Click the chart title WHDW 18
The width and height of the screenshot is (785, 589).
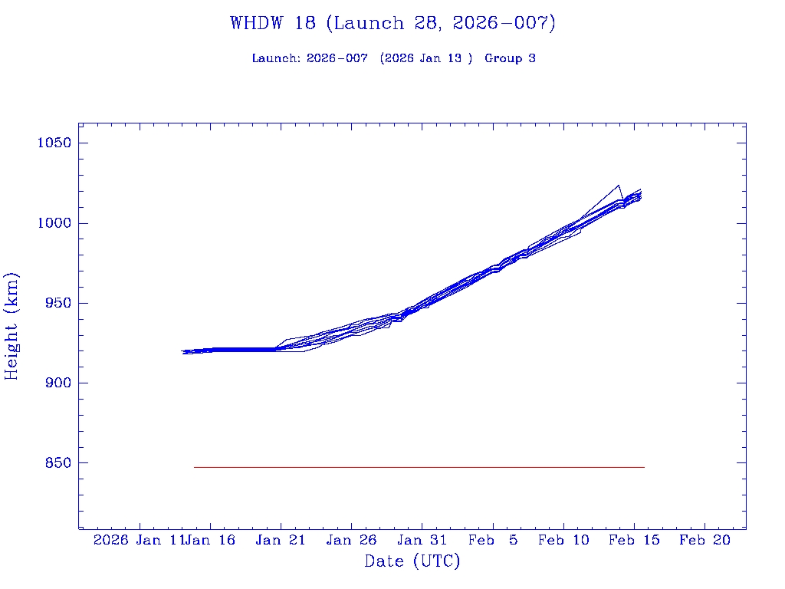[392, 23]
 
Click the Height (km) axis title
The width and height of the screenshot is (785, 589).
[11, 326]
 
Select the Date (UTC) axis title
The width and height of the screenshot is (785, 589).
[412, 561]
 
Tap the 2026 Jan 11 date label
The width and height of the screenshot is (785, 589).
[138, 540]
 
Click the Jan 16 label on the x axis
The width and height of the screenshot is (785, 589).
[212, 540]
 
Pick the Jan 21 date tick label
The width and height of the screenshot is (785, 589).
[281, 540]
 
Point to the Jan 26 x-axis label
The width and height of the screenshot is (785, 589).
[351, 540]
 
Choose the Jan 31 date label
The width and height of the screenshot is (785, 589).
[422, 540]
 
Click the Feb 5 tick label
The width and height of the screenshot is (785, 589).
[493, 540]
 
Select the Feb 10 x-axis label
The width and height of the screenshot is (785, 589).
[563, 540]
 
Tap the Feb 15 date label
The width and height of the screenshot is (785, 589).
[634, 540]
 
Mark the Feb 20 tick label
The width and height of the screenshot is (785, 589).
[705, 540]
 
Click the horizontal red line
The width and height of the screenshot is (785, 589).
[419, 467]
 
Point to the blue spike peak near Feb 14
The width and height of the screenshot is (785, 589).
[618, 186]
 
